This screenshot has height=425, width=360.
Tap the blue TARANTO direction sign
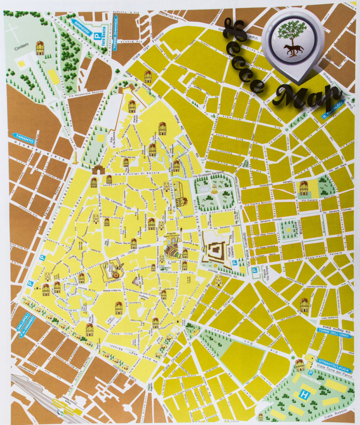point(24,136)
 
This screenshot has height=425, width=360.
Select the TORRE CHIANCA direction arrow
point(116,26)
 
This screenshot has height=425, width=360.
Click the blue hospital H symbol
point(305,395)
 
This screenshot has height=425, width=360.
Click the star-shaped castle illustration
point(216,253)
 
